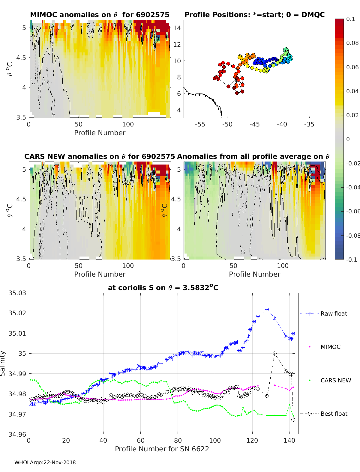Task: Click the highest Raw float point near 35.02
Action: click(267, 310)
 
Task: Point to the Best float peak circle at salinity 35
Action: click(274, 354)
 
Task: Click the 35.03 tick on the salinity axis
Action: click(17, 293)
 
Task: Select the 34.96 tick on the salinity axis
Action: click(17, 434)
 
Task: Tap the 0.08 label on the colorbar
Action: click(352, 43)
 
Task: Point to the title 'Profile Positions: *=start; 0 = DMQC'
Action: click(254, 15)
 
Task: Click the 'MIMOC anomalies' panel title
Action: click(100, 15)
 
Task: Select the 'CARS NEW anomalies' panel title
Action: click(100, 156)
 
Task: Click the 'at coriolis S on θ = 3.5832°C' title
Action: click(163, 288)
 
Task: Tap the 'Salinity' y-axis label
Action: click(3, 363)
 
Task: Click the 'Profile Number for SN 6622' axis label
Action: click(162, 449)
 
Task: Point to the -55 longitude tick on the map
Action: click(200, 124)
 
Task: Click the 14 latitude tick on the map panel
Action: click(177, 28)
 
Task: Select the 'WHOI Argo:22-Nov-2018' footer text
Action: click(45, 462)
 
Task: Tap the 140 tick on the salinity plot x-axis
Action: click(289, 440)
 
